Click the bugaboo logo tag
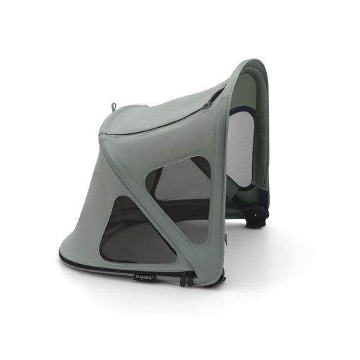pyautogui.click(x=145, y=277)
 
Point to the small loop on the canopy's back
pyautogui.click(x=113, y=107)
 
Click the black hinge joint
pyautogui.click(x=258, y=212)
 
